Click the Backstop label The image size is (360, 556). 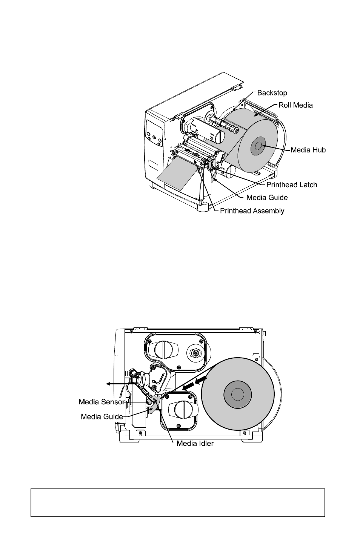272,93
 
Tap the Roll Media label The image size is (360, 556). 295,105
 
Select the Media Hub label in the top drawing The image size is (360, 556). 308,150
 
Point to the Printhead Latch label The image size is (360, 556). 292,185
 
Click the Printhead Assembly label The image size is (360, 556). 252,211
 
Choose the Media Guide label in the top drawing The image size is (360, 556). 267,198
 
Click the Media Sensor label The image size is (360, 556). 102,402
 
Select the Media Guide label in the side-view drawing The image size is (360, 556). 102,416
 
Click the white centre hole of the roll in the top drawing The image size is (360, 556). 258,146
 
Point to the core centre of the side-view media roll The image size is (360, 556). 237,394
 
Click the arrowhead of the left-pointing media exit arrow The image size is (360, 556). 108,384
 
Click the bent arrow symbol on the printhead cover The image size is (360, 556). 158,378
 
